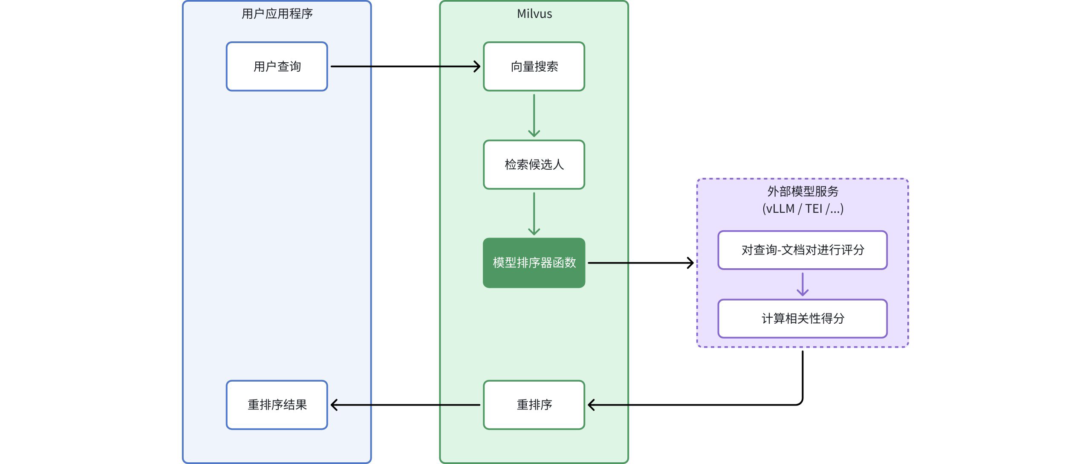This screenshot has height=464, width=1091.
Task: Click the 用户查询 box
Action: pyautogui.click(x=277, y=67)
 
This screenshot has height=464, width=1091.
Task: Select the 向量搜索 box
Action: pyautogui.click(x=534, y=67)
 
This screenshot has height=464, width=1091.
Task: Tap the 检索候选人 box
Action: pyautogui.click(x=534, y=165)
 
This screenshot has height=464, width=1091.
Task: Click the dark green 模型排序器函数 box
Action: pyautogui.click(x=534, y=263)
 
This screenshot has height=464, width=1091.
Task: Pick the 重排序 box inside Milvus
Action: pyautogui.click(x=534, y=405)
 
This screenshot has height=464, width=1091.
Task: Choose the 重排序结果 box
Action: pyautogui.click(x=277, y=405)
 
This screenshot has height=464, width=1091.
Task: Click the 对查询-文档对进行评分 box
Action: pyautogui.click(x=802, y=250)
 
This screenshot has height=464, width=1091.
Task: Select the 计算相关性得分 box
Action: pyautogui.click(x=802, y=319)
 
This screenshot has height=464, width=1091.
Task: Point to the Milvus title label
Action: pyautogui.click(x=534, y=14)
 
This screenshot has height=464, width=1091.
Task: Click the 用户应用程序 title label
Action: pyautogui.click(x=277, y=14)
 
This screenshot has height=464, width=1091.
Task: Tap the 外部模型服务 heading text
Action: pyautogui.click(x=802, y=191)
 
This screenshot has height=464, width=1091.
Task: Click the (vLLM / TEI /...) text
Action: pyautogui.click(x=802, y=209)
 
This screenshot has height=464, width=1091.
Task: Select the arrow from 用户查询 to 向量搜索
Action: pyautogui.click(x=405, y=67)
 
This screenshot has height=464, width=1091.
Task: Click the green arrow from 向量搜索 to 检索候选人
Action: pyautogui.click(x=534, y=115)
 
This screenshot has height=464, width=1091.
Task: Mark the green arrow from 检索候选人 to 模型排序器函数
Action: pyautogui.click(x=534, y=213)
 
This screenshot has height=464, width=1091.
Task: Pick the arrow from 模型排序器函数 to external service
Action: pyautogui.click(x=639, y=263)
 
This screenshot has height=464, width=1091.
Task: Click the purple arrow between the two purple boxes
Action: pyautogui.click(x=802, y=284)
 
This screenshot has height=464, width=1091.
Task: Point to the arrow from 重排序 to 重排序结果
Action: pyautogui.click(x=405, y=405)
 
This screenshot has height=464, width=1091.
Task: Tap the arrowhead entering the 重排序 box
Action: pyautogui.click(x=592, y=405)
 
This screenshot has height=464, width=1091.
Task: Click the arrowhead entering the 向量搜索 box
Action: pyautogui.click(x=477, y=67)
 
